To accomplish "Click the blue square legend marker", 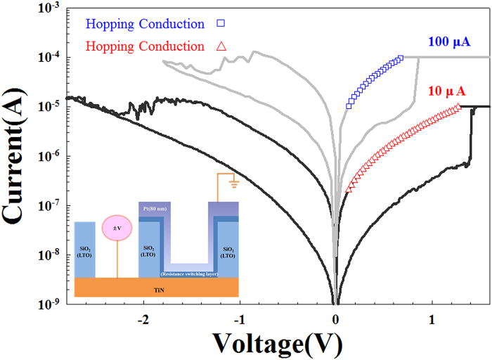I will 220,24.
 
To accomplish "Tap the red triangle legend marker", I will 220,46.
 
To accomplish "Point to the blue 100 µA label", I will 448,42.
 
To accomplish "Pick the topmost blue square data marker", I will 401,58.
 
